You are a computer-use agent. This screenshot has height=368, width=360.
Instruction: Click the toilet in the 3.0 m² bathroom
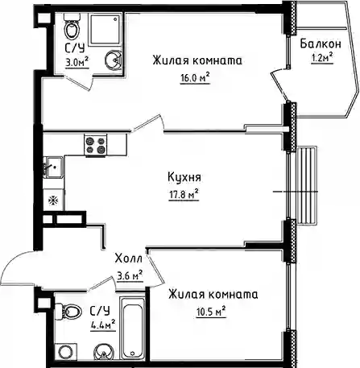(72, 27)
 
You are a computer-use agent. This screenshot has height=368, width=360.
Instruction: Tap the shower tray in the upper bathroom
(105, 29)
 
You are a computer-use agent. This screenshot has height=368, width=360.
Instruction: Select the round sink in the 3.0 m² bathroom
(114, 60)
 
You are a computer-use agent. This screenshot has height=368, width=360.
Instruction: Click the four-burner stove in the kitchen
(95, 145)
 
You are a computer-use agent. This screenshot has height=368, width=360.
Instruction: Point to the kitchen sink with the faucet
(54, 167)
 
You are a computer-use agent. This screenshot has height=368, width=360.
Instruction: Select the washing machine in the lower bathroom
(64, 351)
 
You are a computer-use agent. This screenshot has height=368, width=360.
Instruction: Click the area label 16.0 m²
(195, 78)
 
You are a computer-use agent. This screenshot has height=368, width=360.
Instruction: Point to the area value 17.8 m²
(184, 195)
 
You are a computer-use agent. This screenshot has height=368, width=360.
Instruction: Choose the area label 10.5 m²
(211, 312)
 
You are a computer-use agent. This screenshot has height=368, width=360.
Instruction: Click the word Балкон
(321, 43)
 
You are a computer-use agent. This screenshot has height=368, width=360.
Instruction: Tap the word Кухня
(184, 177)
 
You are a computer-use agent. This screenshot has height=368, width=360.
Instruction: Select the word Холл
(128, 259)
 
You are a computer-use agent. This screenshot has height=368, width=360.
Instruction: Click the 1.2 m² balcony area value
(322, 58)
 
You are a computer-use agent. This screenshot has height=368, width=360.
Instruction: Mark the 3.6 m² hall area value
(130, 276)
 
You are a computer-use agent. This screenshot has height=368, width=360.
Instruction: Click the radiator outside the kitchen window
(307, 185)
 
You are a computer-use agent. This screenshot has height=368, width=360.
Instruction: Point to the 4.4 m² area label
(103, 325)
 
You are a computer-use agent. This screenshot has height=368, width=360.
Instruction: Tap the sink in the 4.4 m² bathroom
(103, 351)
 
